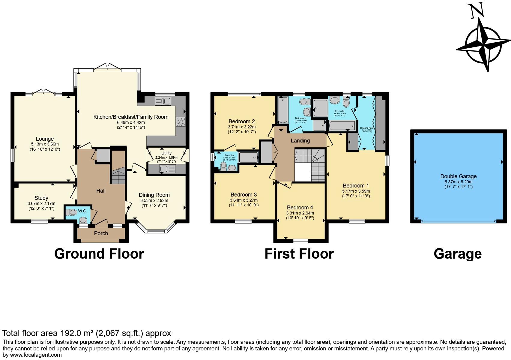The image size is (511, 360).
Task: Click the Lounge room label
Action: click(45, 139)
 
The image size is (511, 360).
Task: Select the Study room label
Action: click(41, 198)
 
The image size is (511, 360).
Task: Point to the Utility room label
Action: click(166, 153)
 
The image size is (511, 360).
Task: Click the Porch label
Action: click(101, 233)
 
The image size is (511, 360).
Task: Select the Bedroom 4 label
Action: click(300, 208)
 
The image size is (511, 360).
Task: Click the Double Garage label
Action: click(458, 176)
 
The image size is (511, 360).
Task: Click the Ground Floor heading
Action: click(99, 254)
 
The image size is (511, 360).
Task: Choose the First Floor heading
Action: click(299, 254)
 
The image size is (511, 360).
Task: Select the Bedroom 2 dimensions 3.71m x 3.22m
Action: click(241, 127)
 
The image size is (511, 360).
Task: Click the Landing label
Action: click(300, 141)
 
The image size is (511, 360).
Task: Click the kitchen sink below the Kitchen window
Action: click(162, 101)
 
